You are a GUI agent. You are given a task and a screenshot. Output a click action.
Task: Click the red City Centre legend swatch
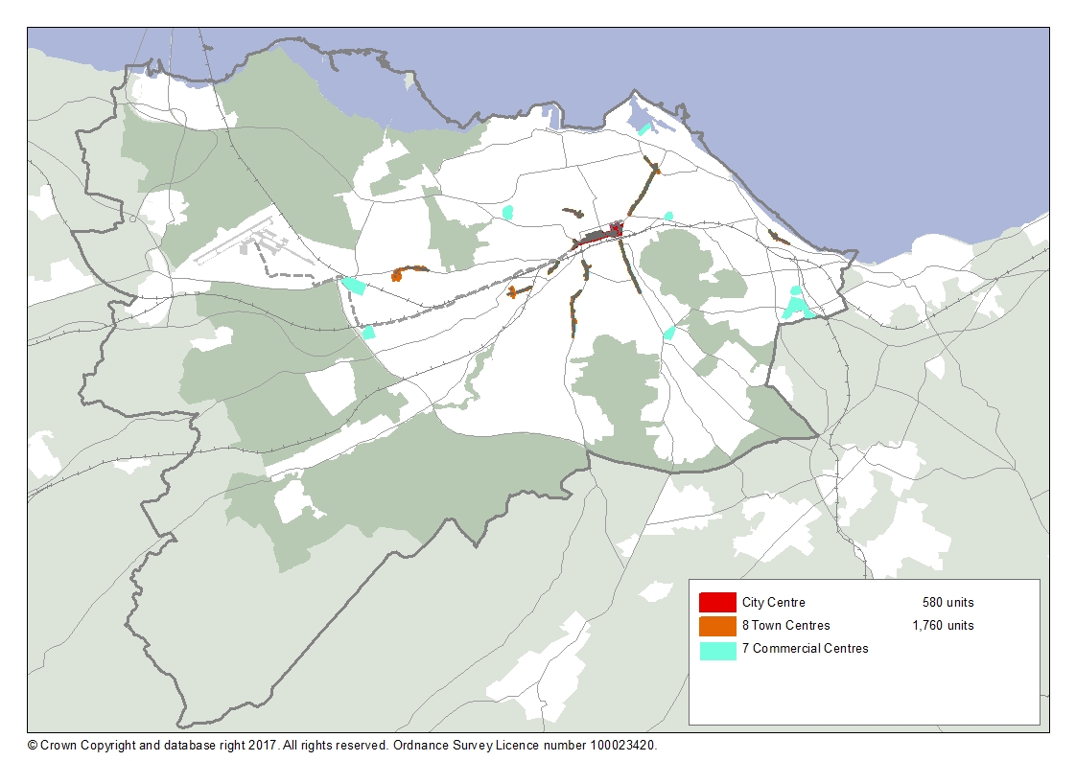pos(717,603)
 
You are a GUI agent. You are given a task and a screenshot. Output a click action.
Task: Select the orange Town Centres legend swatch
pos(717,626)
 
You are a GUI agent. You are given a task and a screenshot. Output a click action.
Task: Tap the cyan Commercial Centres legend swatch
pos(717,649)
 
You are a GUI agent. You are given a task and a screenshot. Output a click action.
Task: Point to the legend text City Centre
pos(773,603)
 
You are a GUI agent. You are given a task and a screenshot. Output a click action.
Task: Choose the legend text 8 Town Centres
pos(785,626)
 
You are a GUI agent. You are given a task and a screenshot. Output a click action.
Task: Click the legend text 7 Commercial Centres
pos(805,649)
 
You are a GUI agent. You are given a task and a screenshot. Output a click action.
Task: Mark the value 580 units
pos(947,603)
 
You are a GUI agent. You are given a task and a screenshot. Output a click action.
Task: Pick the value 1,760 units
pos(943,626)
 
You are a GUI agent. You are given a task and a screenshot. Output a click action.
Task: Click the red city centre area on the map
pos(615,229)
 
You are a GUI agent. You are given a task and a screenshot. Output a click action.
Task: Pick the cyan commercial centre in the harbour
pos(643,128)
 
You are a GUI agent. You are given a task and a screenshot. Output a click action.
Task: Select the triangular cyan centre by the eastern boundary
pos(795,308)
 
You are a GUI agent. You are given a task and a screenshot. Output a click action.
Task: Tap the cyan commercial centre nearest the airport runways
pos(354,285)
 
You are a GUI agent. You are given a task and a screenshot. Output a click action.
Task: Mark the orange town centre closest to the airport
pos(397,275)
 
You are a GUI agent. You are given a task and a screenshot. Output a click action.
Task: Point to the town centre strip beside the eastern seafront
pos(778,236)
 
